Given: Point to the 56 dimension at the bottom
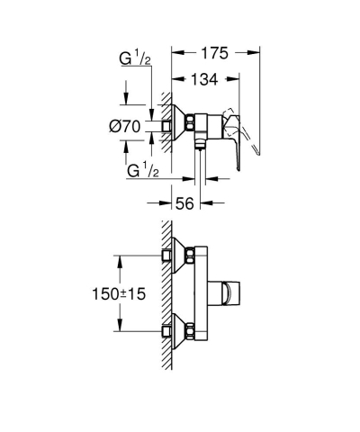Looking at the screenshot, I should (185, 203).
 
